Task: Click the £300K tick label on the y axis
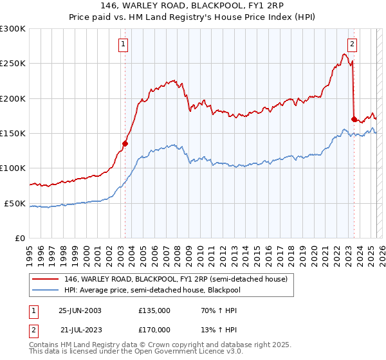(x=13, y=29)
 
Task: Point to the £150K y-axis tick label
(x=13, y=133)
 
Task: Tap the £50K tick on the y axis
(x=15, y=203)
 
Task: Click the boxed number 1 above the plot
(x=123, y=44)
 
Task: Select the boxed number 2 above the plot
(x=353, y=44)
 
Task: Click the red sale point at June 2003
(x=125, y=144)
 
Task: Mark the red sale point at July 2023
(x=354, y=119)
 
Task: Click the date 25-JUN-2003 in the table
(x=80, y=310)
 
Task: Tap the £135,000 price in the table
(x=154, y=310)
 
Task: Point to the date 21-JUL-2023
(x=80, y=329)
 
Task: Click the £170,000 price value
(x=154, y=329)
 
